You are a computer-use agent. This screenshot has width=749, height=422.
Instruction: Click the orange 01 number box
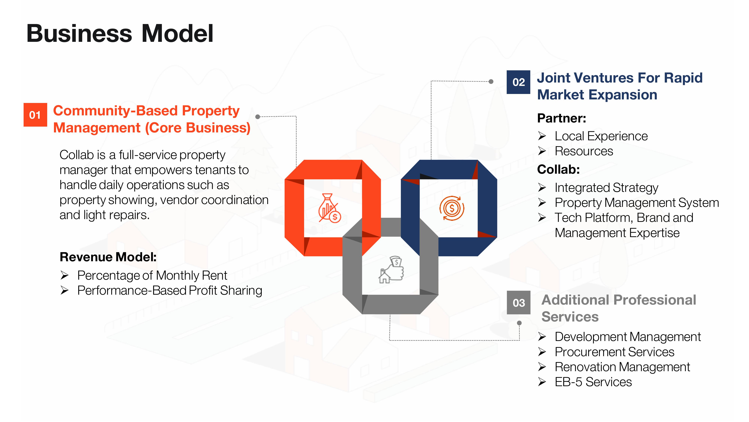point(35,115)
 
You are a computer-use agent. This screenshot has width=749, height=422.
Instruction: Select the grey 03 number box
point(518,303)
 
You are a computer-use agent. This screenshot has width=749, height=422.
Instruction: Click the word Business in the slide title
point(79,34)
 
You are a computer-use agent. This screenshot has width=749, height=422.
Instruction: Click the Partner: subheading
point(561,118)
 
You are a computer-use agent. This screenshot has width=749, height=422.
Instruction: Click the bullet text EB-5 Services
point(593,382)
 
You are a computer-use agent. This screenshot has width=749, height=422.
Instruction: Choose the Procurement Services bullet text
point(614,352)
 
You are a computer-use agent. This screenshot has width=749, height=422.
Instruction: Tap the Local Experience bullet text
point(601,136)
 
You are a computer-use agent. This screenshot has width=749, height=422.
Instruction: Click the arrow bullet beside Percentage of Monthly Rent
point(65,275)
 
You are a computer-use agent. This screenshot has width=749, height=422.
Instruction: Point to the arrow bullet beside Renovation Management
point(542,367)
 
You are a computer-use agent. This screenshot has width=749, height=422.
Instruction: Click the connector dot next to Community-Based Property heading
point(258,117)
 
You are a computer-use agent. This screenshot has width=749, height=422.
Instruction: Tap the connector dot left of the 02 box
point(491,82)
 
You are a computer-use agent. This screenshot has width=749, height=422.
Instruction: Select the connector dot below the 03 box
point(519,323)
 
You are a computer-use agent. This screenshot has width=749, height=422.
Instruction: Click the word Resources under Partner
point(584,151)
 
